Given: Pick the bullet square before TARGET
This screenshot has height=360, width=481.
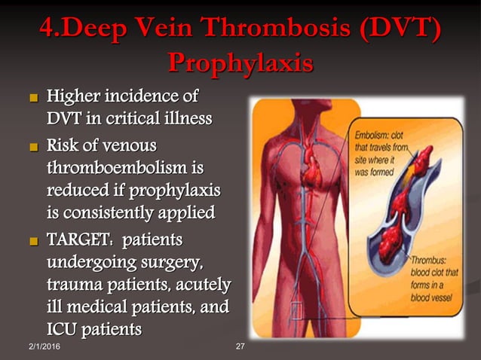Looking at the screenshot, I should (x=32, y=242).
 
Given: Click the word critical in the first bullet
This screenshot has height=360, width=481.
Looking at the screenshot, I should (x=139, y=119).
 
